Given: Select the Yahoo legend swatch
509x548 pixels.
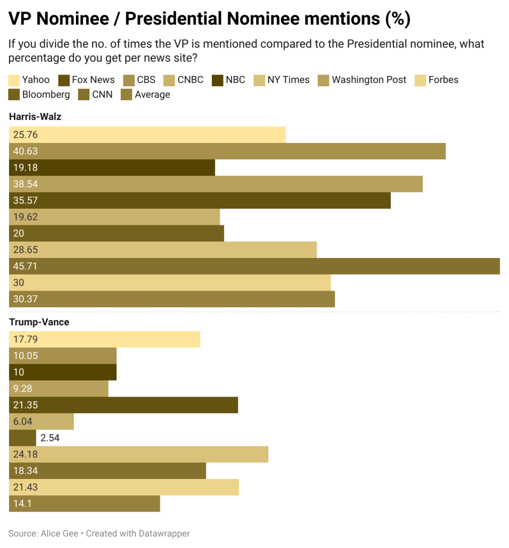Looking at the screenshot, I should [x=14, y=80].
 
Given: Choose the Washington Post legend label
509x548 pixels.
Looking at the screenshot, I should [x=369, y=80].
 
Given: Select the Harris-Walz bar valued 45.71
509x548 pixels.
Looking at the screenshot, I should [x=254, y=266].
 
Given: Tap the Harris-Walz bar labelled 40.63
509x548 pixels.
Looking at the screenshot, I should [x=227, y=151].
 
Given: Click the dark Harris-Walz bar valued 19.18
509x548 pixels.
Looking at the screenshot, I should [x=112, y=168].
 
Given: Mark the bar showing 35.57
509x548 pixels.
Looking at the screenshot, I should [x=199, y=200].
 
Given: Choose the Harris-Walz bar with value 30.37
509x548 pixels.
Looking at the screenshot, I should [x=172, y=299].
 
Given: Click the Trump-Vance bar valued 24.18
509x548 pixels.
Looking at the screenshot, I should [x=138, y=454].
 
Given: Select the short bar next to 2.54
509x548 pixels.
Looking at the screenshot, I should [x=22, y=438].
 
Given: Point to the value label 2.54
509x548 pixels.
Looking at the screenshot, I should [x=50, y=438].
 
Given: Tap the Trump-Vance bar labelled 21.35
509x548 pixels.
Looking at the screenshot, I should [x=124, y=405].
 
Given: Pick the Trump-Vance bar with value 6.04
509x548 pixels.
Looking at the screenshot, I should [x=41, y=422].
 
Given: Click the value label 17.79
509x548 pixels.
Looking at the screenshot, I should [x=26, y=339].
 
